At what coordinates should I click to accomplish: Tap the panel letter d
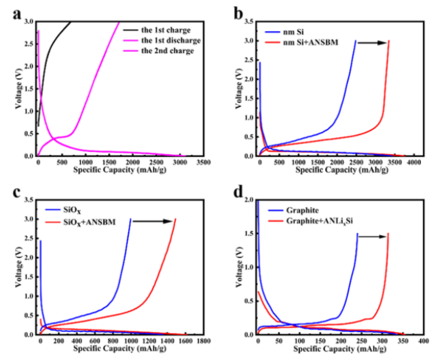[x=238, y=193]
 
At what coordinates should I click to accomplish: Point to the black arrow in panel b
[x=371, y=41]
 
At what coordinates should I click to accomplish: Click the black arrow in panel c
[x=153, y=219]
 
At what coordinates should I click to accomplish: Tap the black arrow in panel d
[x=373, y=236]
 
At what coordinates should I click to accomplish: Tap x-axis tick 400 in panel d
[x=422, y=342]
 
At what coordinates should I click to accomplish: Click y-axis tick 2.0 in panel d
[x=248, y=201]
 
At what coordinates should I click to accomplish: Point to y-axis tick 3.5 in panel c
[x=30, y=200]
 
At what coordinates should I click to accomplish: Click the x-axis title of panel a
[x=122, y=170]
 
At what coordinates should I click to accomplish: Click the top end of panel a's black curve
[x=71, y=22]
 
